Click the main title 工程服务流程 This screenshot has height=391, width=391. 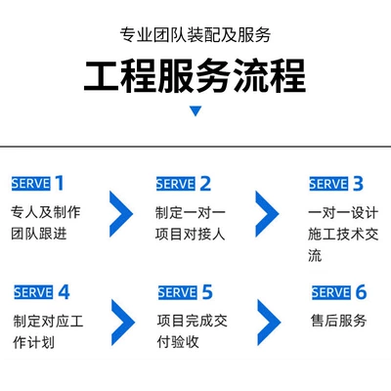point(195,75)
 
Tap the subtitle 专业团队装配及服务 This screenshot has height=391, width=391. point(195,34)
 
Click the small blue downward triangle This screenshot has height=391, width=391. point(195,111)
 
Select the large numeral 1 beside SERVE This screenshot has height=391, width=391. point(59,183)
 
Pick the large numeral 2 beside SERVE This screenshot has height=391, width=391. point(205,184)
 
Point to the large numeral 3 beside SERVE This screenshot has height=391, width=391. point(358,184)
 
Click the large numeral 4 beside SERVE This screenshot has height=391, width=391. point(64,292)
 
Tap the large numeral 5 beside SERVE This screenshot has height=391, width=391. point(207,292)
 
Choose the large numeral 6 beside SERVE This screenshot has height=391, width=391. point(361,292)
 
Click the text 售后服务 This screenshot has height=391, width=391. point(338,321)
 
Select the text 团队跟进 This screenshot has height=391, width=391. point(39,234)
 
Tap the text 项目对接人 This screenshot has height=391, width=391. point(190,234)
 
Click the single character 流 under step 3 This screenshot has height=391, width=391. point(315,255)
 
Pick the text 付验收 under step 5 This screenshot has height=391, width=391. point(178,342)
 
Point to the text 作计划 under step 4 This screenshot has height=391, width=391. point(33,342)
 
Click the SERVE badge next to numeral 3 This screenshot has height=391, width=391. point(328,184)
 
